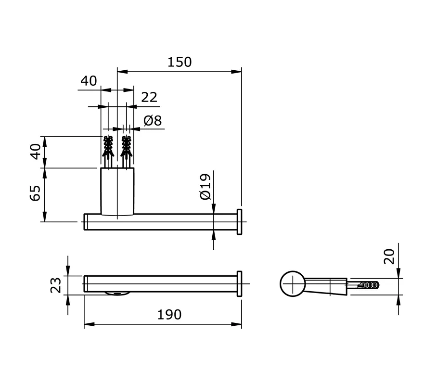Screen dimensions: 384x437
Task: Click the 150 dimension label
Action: click(180, 62)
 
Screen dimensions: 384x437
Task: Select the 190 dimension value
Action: click(169, 314)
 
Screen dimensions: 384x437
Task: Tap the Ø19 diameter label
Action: click(205, 187)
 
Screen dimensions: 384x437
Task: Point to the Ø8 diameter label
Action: click(152, 120)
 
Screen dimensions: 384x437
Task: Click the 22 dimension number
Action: click(149, 98)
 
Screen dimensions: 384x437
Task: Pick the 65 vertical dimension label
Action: click(35, 195)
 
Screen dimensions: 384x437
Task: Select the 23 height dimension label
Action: click(56, 284)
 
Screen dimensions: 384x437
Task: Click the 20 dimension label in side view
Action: click(390, 256)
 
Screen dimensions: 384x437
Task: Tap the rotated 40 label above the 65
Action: click(35, 152)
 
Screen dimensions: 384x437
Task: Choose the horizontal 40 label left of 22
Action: click(89, 81)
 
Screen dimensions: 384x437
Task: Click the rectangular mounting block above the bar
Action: click(117, 191)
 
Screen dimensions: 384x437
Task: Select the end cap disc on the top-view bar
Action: click(239, 222)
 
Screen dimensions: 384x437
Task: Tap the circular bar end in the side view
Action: click(293, 284)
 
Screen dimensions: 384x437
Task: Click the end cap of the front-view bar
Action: click(239, 284)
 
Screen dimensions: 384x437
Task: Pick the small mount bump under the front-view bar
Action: click(116, 294)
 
